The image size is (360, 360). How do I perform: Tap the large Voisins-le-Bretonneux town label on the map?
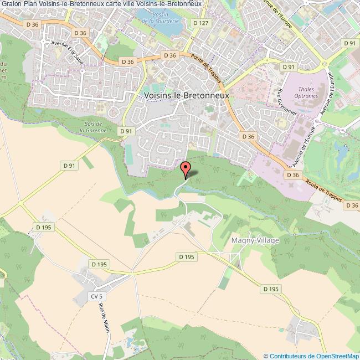186,95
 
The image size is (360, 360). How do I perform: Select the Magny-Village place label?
254,240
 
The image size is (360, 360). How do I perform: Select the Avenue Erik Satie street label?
66,52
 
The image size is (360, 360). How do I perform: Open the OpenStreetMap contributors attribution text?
311,356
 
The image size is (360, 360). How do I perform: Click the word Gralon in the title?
11,4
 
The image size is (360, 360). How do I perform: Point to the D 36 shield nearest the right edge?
351,205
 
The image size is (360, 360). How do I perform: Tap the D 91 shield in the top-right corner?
349,43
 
